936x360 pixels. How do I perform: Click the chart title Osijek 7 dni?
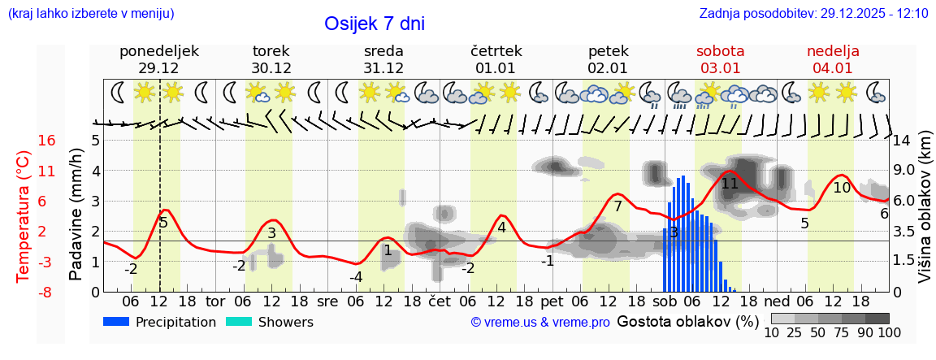click(374, 24)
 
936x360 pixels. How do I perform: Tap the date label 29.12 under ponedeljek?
click(158, 68)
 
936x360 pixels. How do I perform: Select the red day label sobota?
click(721, 51)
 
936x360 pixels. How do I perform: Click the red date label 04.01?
click(833, 68)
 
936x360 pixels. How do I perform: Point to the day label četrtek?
click(496, 51)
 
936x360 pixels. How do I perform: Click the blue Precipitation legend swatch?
click(117, 322)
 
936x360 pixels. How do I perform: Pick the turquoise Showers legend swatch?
click(239, 322)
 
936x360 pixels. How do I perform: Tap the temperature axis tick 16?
click(47, 141)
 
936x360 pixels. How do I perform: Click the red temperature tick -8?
click(47, 292)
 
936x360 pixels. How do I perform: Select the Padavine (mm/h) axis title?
click(76, 215)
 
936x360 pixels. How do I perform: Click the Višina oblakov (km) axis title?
click(925, 215)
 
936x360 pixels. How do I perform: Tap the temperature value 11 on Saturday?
click(730, 184)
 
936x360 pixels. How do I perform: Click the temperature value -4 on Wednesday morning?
click(356, 277)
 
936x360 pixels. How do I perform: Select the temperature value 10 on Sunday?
click(842, 188)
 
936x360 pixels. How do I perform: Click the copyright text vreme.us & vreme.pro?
click(540, 322)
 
